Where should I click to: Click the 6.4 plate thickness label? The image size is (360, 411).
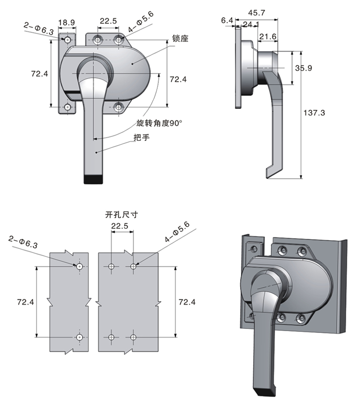(x=227, y=20)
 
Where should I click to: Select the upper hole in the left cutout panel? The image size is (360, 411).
(x=79, y=266)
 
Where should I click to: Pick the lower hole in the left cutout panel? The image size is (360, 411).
(x=79, y=337)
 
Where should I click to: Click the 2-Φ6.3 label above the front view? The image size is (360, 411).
(x=39, y=27)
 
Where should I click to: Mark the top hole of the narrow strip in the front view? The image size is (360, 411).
(x=67, y=40)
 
